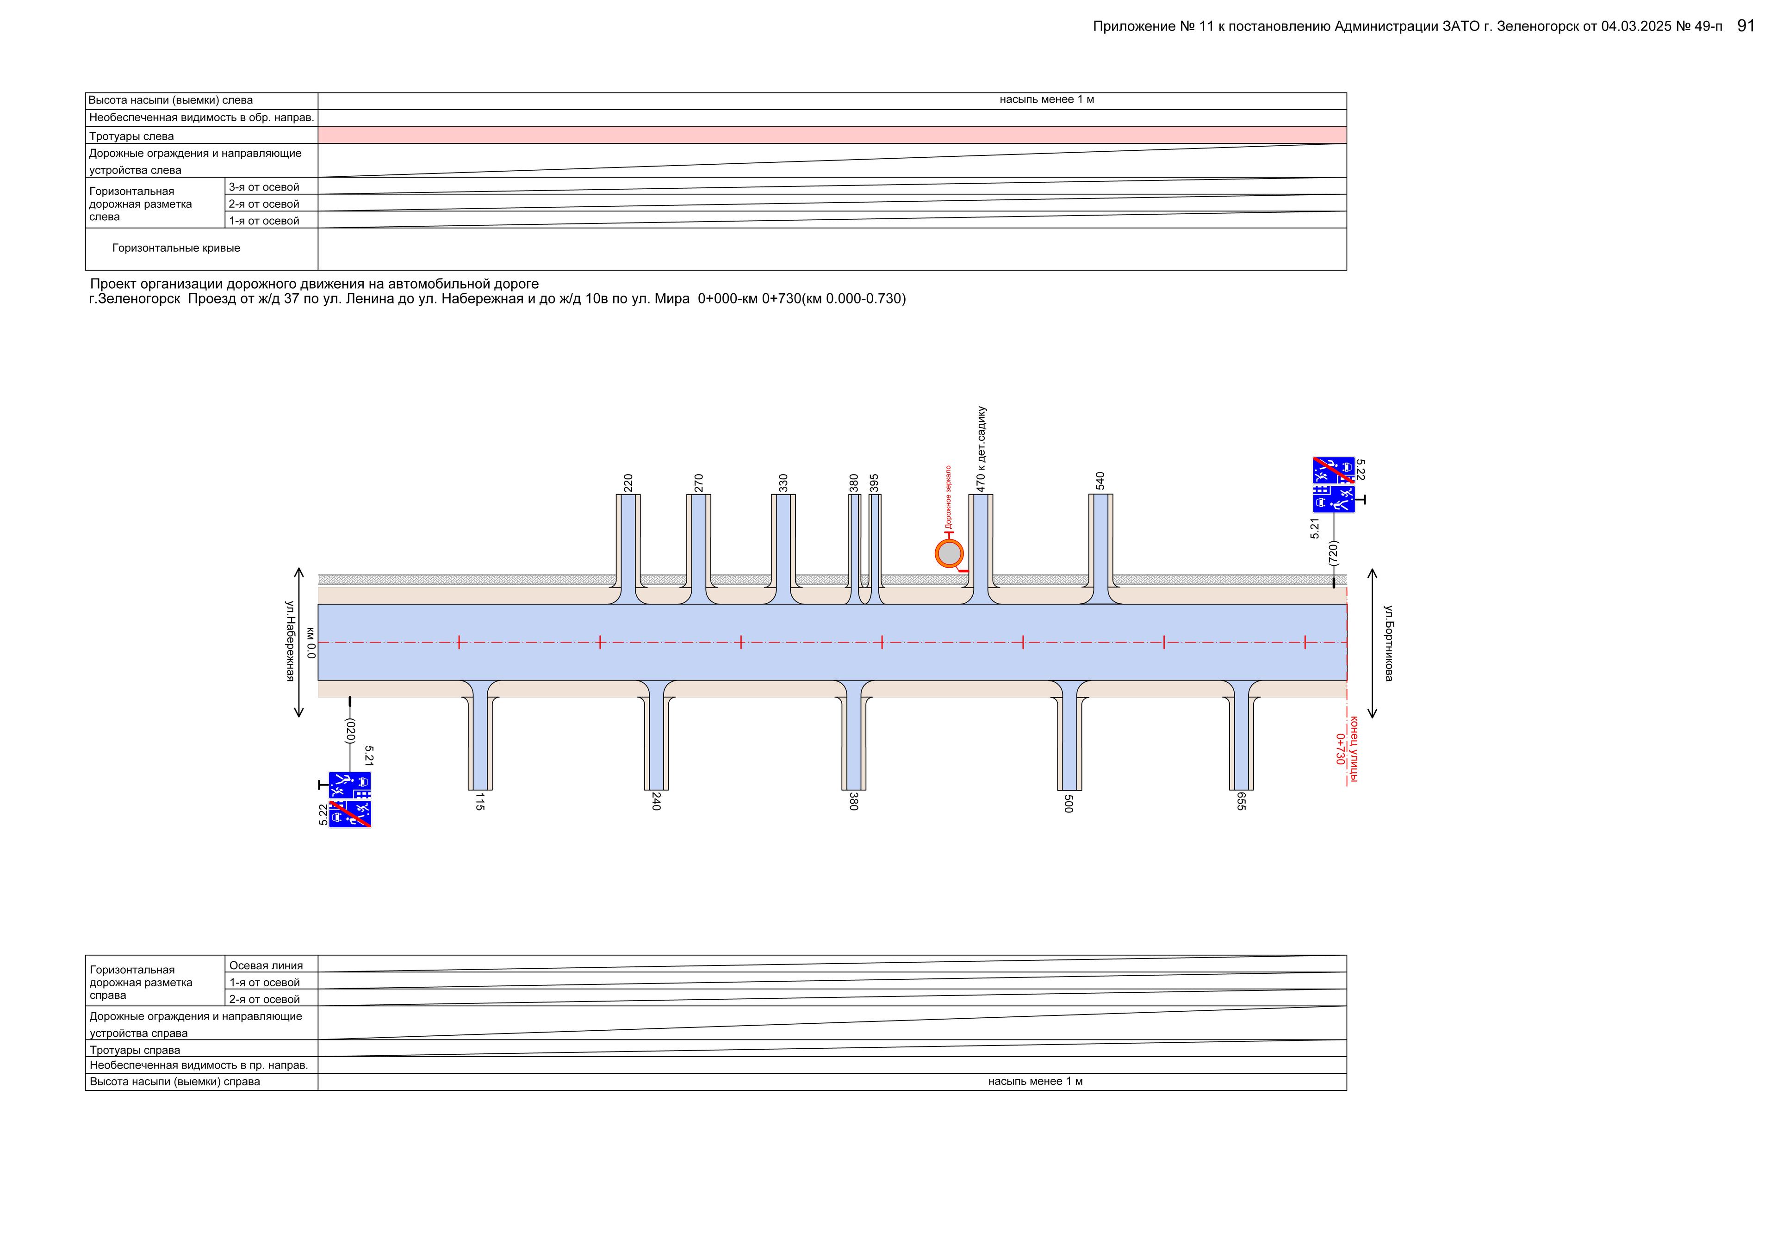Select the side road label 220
point(628,483)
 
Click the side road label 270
point(699,483)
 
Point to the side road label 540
point(1100,481)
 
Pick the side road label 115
point(480,802)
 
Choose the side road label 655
point(1242,802)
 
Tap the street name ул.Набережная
point(290,641)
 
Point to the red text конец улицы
point(1354,749)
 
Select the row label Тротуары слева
point(131,136)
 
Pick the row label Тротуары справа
point(135,1050)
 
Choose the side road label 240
point(656,802)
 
